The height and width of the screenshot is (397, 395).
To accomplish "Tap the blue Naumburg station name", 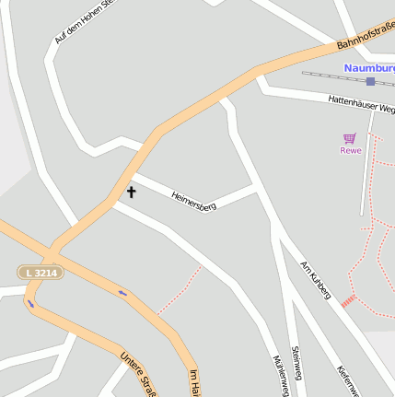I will pos(369,68).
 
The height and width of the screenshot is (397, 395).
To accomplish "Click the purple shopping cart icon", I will pos(350,138).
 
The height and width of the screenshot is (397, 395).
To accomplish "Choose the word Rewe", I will pos(350,150).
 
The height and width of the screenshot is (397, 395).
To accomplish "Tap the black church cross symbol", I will pos(131,193).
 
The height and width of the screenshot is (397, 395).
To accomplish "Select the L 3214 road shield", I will pos(41,273).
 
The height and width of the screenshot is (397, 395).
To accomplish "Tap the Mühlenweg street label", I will pos(281,376).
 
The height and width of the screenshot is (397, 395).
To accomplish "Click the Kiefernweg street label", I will pos(345,378).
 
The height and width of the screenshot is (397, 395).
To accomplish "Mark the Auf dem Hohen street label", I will pos(84,21).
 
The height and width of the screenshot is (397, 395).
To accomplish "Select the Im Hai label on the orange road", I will pos(193,383).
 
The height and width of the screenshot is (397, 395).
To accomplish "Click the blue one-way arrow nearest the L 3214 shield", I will pos(31,303).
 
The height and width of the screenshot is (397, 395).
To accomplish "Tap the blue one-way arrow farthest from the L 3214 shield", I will pos(122,294).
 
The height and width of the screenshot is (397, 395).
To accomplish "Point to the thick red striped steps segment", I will pos(348,301).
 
